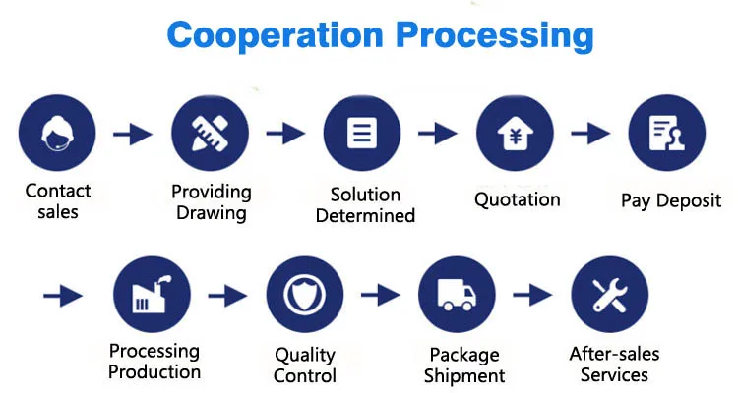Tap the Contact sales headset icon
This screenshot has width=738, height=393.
(57, 134)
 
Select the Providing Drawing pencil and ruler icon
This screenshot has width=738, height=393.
(210, 134)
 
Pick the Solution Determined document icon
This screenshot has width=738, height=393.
(362, 134)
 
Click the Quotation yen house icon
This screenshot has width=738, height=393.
(515, 134)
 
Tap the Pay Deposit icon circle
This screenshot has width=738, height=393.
(666, 134)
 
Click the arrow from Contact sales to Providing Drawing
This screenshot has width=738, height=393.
(133, 134)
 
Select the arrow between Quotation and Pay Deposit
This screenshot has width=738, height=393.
(590, 134)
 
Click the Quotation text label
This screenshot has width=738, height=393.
(517, 199)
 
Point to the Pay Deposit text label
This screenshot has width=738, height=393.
(671, 200)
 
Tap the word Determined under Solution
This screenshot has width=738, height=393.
(365, 215)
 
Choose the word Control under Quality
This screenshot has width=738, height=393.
(305, 375)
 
